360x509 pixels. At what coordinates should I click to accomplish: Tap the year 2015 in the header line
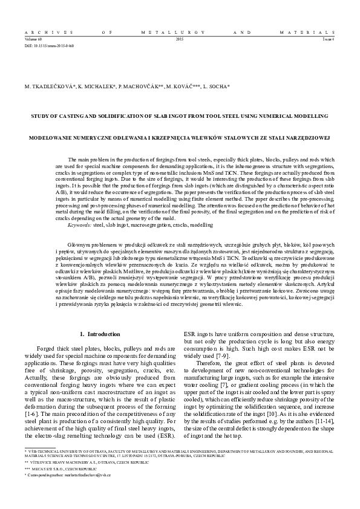click(x=179, y=39)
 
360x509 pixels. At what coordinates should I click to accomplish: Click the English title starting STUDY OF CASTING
click(x=180, y=115)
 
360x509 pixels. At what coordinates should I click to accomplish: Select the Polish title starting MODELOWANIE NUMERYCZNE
click(x=180, y=137)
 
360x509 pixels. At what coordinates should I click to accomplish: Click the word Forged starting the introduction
click(x=46, y=349)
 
